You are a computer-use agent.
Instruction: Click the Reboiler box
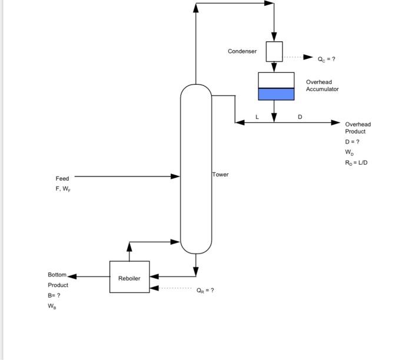click(x=129, y=277)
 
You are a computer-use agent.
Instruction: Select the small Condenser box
click(x=274, y=51)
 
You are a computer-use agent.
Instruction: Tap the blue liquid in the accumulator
click(x=276, y=94)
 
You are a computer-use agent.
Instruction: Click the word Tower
click(x=221, y=175)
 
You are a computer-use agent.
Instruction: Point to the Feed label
click(x=62, y=178)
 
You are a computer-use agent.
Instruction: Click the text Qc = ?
click(x=327, y=59)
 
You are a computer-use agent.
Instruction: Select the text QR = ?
click(x=205, y=290)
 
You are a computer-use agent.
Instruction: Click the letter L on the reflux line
click(x=257, y=117)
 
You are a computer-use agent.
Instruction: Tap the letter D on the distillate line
click(x=300, y=117)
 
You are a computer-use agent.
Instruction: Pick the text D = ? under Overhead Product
click(x=352, y=142)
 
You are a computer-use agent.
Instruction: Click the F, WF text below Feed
click(x=62, y=189)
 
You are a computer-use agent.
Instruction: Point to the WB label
click(x=52, y=306)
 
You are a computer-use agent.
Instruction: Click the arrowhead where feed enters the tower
click(x=175, y=176)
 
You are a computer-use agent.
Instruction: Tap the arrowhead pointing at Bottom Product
click(x=72, y=276)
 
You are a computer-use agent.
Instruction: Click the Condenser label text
click(x=242, y=51)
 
